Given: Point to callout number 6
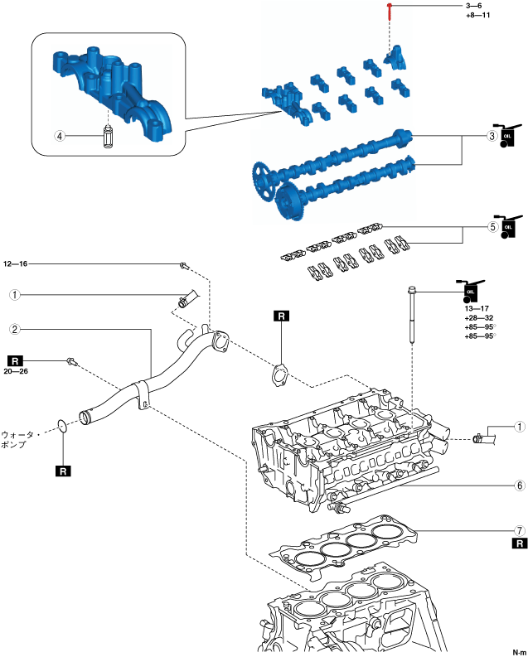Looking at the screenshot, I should (x=520, y=486).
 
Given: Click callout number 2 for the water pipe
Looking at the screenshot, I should (x=15, y=329).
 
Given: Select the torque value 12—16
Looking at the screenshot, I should (x=16, y=264).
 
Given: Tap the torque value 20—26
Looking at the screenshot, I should (x=16, y=371).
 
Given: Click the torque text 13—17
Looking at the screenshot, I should (x=477, y=307).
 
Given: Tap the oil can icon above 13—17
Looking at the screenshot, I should (x=469, y=289).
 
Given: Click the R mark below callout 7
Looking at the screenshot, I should (x=520, y=543).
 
